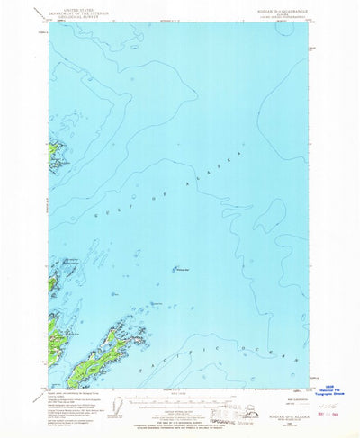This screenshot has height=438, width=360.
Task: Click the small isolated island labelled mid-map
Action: pyautogui.click(x=173, y=267)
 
